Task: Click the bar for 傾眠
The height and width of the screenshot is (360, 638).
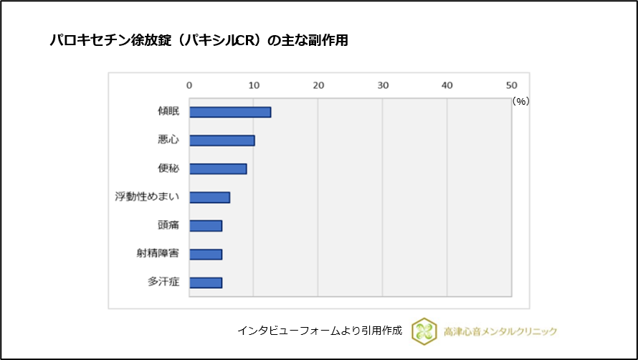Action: tap(230, 112)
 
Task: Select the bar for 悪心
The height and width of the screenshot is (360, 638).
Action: tap(222, 141)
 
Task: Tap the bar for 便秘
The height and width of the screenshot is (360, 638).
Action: tap(218, 169)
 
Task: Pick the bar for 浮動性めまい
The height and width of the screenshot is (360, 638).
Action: tap(209, 197)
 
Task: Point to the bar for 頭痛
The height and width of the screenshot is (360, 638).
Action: tap(206, 226)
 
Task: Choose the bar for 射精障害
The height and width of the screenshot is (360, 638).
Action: tap(206, 254)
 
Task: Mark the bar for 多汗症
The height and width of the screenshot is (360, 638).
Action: tap(206, 283)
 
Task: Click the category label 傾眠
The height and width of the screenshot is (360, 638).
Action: tap(168, 112)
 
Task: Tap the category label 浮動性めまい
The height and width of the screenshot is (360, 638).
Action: tap(147, 197)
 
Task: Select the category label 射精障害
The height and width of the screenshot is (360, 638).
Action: tap(158, 254)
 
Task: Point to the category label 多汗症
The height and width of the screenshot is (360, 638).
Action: tap(163, 283)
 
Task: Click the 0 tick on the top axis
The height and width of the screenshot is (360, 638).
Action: tap(189, 85)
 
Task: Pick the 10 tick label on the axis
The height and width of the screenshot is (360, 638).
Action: tap(254, 85)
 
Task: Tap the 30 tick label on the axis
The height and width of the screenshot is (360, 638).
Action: tap(383, 85)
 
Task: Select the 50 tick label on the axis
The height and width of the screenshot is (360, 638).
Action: tap(511, 85)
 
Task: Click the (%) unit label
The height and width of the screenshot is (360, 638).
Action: tap(520, 102)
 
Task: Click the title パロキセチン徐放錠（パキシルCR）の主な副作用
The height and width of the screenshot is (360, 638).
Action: tap(199, 41)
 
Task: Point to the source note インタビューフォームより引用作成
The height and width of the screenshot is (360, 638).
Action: tap(320, 331)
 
